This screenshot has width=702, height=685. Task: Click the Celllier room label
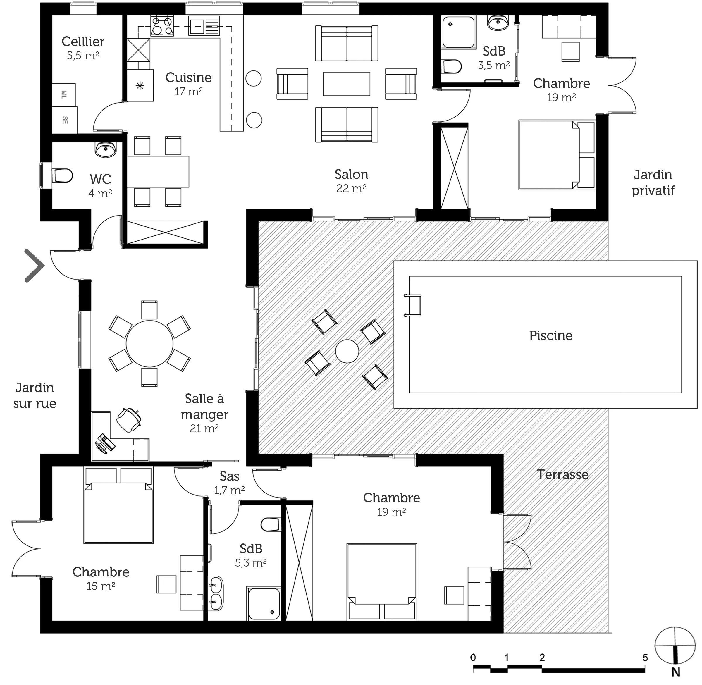point(83,42)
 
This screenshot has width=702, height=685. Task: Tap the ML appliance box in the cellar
point(64,95)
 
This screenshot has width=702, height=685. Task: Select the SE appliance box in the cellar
point(65,120)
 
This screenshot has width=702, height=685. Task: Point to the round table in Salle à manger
point(149,344)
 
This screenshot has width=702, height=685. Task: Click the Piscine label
point(550,335)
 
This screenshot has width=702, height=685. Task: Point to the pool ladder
point(413,305)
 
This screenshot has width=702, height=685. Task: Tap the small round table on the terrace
point(347,351)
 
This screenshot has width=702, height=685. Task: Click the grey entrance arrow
point(35,266)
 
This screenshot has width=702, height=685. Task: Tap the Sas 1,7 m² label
point(229,483)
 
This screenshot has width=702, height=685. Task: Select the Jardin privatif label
point(653,183)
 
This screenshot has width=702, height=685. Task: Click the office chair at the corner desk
point(129,419)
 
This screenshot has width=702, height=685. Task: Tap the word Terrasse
point(562,474)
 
